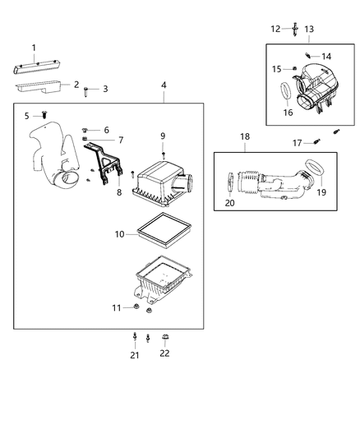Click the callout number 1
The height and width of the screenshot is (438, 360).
tap(34, 47)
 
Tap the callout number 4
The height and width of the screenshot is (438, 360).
tap(164, 85)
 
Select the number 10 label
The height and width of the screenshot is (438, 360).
tap(119, 234)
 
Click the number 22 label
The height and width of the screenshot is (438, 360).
tap(164, 354)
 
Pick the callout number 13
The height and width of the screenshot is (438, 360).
tap(309, 30)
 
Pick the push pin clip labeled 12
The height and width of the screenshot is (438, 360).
tap(293, 30)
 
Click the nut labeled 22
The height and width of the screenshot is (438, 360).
tap(164, 337)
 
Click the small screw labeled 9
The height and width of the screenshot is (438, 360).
tap(164, 154)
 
